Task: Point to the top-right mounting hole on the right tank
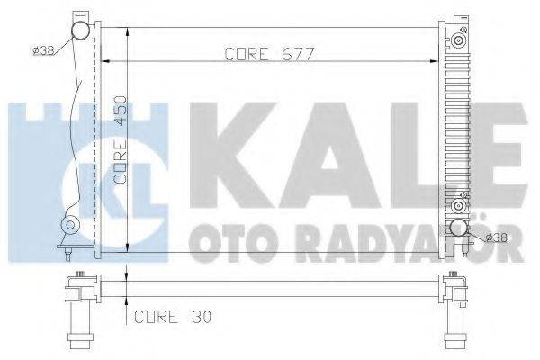[x=461, y=41]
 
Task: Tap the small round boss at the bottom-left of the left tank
[x=70, y=225]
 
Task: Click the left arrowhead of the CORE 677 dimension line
[x=106, y=61]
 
